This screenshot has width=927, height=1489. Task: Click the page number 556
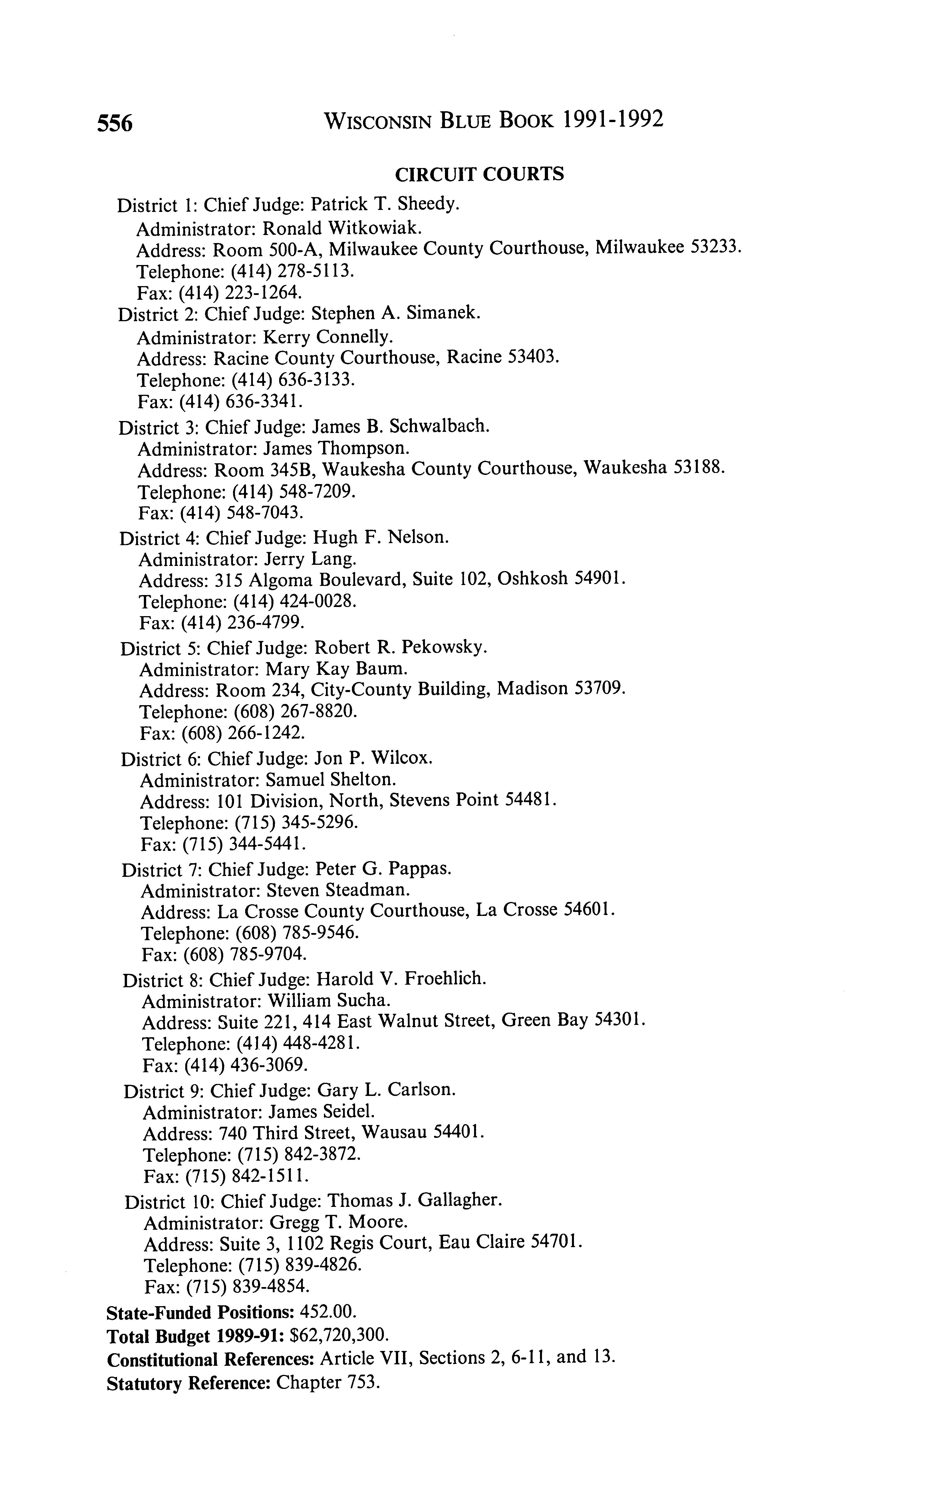115,123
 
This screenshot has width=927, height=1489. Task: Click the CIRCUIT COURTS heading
479,175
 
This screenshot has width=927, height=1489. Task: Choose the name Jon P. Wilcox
373,758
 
